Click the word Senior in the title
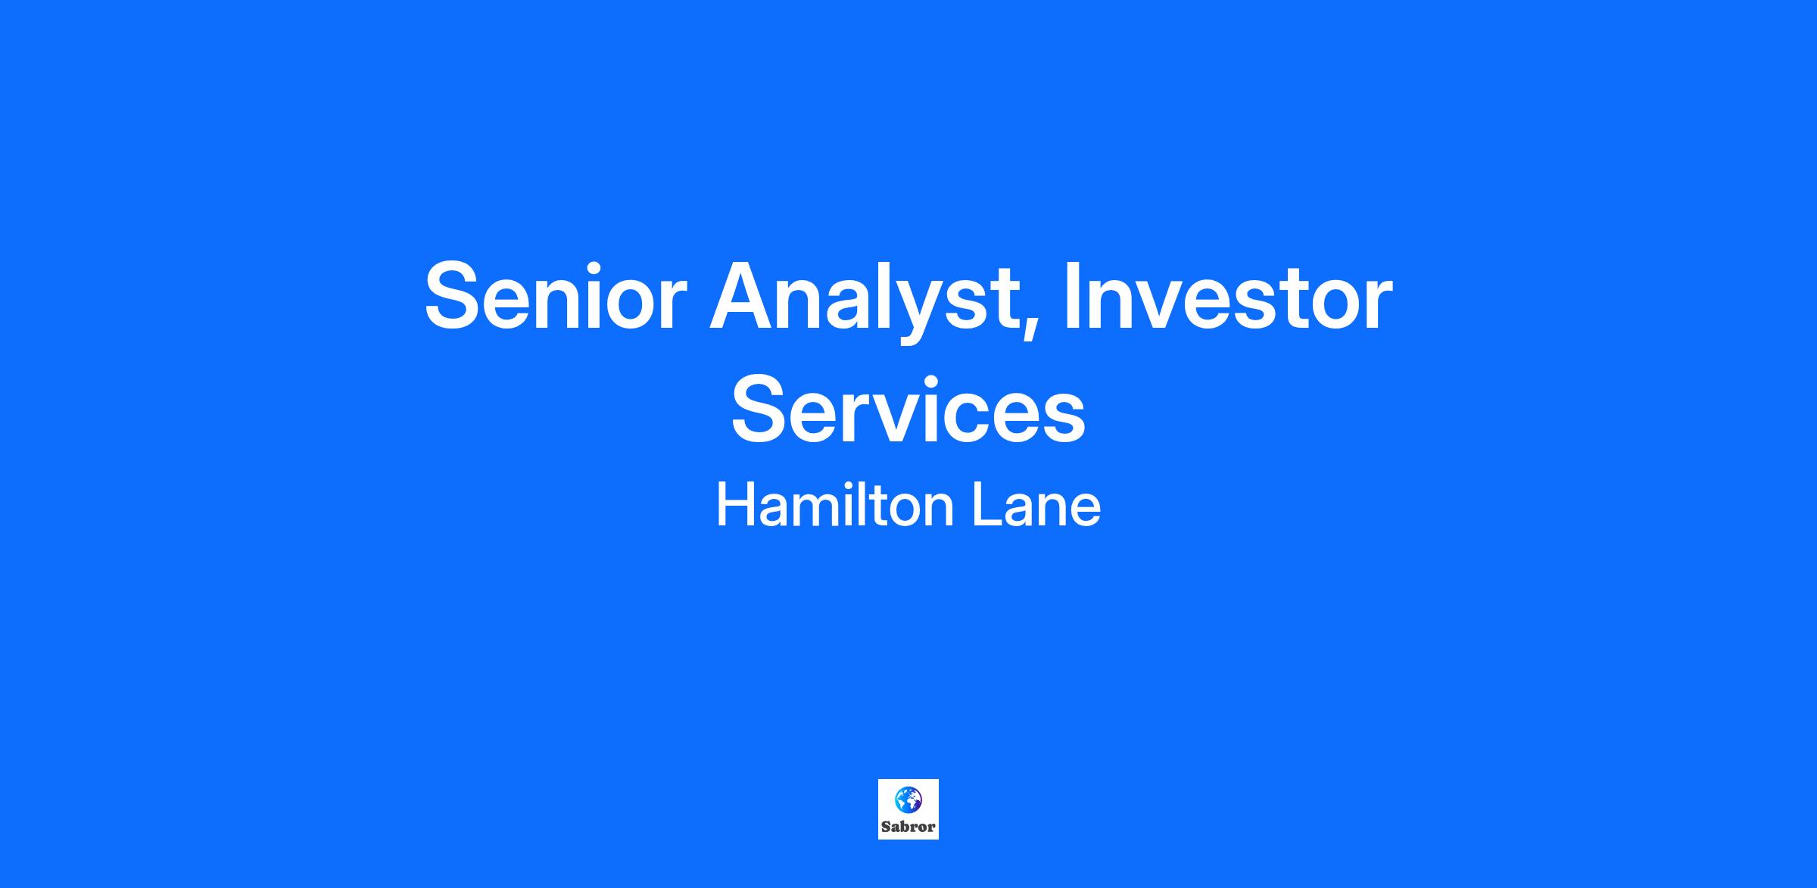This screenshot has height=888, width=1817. (x=555, y=296)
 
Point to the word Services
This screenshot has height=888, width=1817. (x=908, y=410)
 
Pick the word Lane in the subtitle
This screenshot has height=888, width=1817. (x=1036, y=506)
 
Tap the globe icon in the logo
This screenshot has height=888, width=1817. (x=908, y=800)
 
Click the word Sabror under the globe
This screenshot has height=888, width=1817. (x=908, y=827)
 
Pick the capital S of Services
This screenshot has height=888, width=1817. (x=760, y=410)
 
